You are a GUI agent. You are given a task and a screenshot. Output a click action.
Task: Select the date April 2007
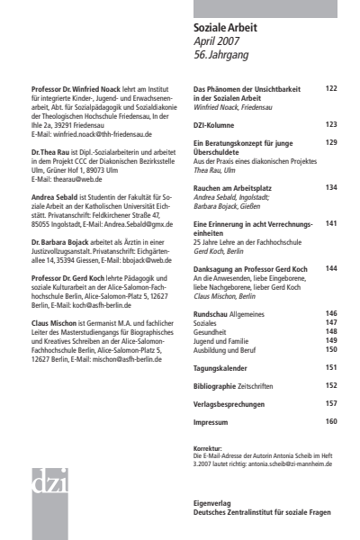pyautogui.click(x=219, y=42)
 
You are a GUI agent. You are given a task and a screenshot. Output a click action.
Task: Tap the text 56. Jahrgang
pyautogui.click(x=221, y=57)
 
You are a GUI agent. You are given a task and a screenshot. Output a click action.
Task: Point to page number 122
pyautogui.click(x=330, y=89)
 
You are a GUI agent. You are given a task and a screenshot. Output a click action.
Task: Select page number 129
pyautogui.click(x=330, y=142)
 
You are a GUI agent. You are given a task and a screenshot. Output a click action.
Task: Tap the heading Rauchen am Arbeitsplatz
pyautogui.click(x=235, y=187)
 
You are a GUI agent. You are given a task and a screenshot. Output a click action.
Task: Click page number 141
pyautogui.click(x=330, y=222)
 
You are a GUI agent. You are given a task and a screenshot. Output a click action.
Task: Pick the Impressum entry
pyautogui.click(x=216, y=395)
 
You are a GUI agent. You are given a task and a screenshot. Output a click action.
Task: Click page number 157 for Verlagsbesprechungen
pyautogui.click(x=330, y=378)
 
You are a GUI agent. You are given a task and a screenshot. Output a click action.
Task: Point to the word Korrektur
pyautogui.click(x=209, y=421)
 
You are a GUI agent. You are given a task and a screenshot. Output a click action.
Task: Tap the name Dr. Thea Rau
pyautogui.click(x=50, y=151)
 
